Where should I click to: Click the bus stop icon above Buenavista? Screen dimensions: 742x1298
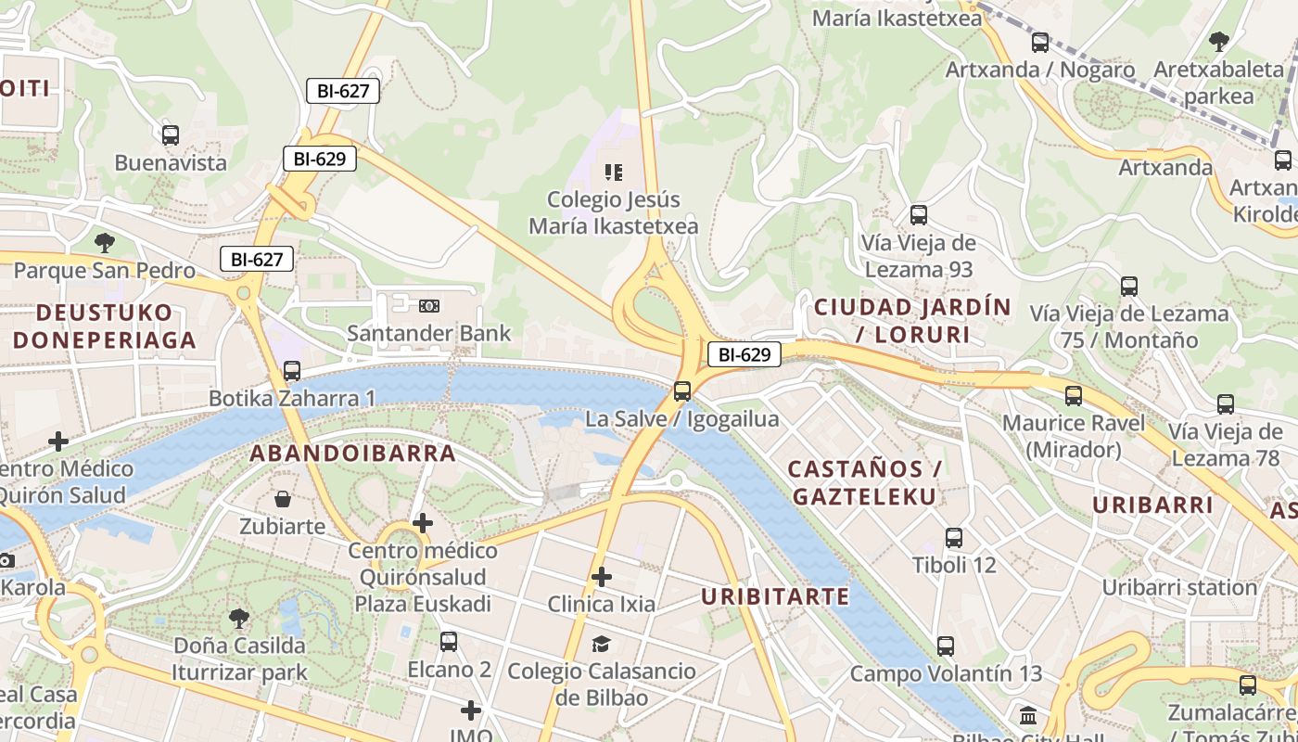(170, 135)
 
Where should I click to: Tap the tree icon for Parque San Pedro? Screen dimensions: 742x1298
(105, 243)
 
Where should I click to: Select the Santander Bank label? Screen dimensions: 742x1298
(428, 332)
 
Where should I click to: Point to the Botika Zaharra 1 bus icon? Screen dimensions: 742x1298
(292, 371)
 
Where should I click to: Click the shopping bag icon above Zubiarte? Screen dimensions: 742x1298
(283, 499)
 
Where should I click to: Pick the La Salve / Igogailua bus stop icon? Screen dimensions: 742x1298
(682, 391)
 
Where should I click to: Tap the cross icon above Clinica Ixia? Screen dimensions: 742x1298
(602, 577)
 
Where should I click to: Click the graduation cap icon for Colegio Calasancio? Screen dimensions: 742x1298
(602, 644)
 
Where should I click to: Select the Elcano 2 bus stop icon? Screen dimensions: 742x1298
(449, 641)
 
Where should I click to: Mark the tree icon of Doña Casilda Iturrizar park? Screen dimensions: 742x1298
(239, 618)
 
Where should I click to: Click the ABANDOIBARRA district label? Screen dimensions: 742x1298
(353, 454)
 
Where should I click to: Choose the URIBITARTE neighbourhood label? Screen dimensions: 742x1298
(775, 596)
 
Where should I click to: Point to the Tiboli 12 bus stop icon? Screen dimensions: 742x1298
(954, 538)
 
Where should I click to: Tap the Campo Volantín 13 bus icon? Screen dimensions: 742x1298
(946, 646)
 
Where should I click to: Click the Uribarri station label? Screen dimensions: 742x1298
(1178, 587)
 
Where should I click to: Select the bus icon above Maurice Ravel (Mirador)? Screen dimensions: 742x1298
(1074, 396)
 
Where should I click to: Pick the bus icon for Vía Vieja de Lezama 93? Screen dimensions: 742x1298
(919, 215)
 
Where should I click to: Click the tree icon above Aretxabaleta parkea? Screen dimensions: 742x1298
(1218, 42)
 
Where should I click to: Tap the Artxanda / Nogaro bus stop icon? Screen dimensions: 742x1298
(1040, 43)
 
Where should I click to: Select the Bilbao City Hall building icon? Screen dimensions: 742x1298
(1028, 716)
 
